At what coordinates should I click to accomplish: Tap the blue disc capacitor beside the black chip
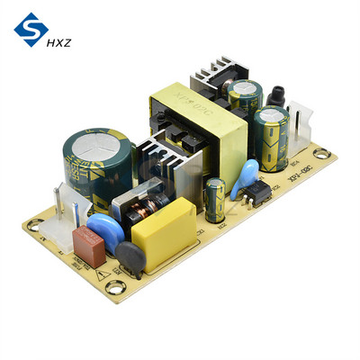point(241,179)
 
